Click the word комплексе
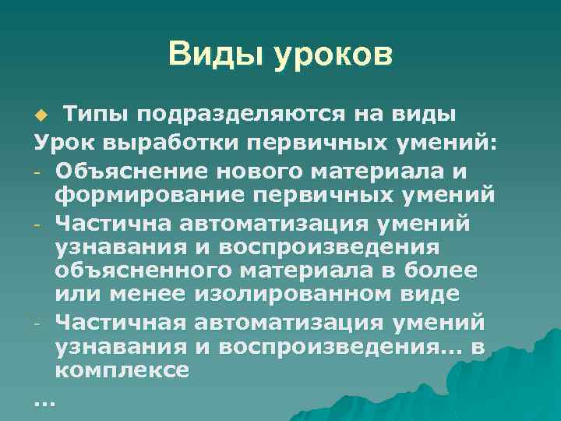(122, 370)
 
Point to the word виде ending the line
(435, 295)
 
